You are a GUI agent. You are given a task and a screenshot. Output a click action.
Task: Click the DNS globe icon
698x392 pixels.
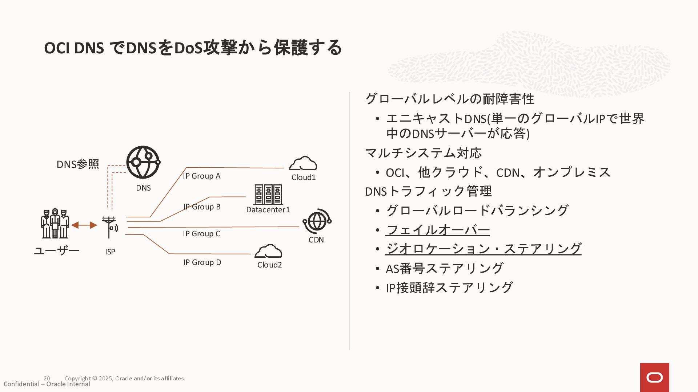click(x=143, y=162)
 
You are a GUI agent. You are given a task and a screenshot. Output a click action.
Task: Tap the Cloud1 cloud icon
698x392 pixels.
click(x=303, y=164)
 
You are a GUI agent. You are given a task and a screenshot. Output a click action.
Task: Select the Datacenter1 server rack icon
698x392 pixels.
click(x=268, y=195)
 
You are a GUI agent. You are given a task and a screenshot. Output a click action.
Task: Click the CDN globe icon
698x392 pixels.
click(x=317, y=221)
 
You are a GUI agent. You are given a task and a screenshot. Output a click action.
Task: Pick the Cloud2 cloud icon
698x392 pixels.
click(x=268, y=251)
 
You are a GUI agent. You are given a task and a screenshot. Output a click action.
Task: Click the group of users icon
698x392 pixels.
click(x=55, y=224)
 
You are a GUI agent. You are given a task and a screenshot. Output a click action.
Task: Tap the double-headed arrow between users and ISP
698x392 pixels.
click(x=84, y=225)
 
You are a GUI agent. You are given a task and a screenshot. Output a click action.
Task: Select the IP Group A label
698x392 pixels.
click(x=202, y=176)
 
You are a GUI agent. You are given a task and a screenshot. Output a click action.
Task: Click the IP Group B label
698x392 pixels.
click(x=202, y=207)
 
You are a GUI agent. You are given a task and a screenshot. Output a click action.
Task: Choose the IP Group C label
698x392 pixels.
click(x=201, y=234)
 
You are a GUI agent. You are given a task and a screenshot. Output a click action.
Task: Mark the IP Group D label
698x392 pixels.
click(x=202, y=262)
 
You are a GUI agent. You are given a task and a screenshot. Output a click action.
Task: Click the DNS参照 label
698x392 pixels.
click(x=78, y=164)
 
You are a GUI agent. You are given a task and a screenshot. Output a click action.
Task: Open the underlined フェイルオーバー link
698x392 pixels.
click(x=438, y=230)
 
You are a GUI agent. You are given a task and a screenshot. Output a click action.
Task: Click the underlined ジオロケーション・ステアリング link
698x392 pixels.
click(x=484, y=249)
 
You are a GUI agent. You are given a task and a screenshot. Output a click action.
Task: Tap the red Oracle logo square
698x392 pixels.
click(x=654, y=377)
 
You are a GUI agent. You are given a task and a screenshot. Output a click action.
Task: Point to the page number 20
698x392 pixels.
click(x=47, y=378)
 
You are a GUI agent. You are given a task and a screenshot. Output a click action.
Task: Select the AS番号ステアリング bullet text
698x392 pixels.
click(x=444, y=269)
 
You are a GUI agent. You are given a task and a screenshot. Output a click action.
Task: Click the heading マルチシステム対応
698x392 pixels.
click(x=423, y=153)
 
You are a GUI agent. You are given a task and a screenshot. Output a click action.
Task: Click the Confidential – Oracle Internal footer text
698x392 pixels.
click(x=47, y=384)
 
